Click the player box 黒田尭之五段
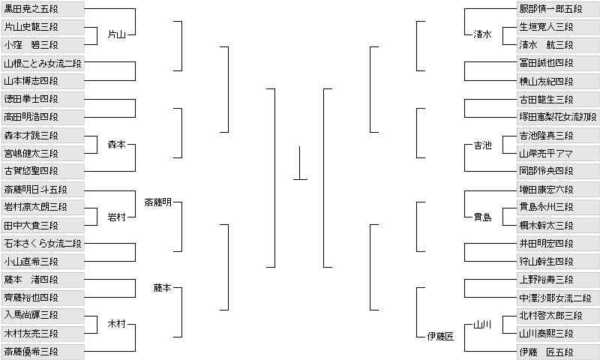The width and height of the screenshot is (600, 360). click(x=42, y=9)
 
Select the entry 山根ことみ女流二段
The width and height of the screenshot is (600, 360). click(x=42, y=63)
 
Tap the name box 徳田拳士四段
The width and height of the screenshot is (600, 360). click(x=42, y=99)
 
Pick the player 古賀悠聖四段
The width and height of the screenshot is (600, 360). click(x=42, y=171)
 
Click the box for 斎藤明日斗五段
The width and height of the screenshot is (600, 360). click(x=42, y=189)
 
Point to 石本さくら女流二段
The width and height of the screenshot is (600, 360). click(x=42, y=243)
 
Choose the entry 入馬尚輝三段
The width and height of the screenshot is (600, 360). click(x=42, y=315)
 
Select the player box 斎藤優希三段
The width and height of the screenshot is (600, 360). click(x=42, y=351)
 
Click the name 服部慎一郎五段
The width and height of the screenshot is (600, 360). click(x=557, y=9)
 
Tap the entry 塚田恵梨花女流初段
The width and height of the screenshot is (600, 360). click(x=557, y=117)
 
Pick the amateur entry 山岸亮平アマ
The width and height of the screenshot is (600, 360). click(x=557, y=153)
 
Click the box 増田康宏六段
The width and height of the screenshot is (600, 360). click(x=557, y=189)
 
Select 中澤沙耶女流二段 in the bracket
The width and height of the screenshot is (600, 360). click(x=557, y=297)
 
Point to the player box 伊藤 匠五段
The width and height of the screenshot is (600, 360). click(x=557, y=351)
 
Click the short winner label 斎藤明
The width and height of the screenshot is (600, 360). click(x=157, y=202)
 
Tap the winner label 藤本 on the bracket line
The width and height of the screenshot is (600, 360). click(x=163, y=287)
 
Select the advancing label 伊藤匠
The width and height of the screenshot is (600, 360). click(x=440, y=337)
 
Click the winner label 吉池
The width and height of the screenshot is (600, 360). click(x=483, y=145)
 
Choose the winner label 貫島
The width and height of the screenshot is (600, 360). click(x=483, y=217)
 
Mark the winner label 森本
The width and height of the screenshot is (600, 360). click(x=116, y=145)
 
